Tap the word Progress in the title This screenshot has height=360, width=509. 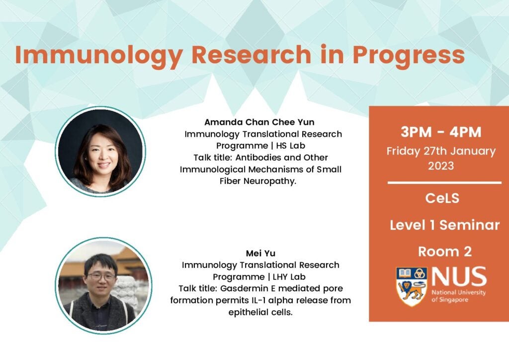click(409, 56)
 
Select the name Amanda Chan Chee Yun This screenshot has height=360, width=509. click(259, 122)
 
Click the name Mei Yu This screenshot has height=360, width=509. click(260, 253)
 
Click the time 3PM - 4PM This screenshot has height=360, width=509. click(441, 132)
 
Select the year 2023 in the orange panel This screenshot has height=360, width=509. click(441, 166)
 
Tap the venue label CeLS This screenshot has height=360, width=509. click(442, 198)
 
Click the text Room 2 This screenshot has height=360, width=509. click(445, 252)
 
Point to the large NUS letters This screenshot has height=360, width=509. click(459, 276)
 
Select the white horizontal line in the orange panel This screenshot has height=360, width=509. click(444, 183)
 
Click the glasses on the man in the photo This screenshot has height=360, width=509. click(101, 277)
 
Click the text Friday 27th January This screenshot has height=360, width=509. click(441, 151)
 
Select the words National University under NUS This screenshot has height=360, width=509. click(458, 292)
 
